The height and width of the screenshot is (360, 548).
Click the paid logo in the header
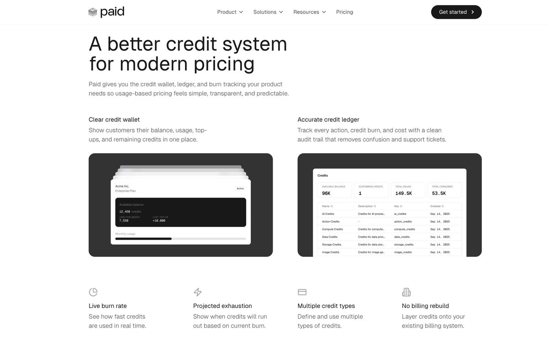coord(106,12)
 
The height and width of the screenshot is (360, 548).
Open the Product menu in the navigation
coord(230,12)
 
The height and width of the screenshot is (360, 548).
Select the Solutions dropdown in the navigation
coord(268,12)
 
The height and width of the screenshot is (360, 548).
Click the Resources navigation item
coord(309,12)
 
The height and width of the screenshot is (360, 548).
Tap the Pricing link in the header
coord(344,12)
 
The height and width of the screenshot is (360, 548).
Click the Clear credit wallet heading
coord(114,120)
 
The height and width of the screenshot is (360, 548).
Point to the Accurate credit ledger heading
coord(328,120)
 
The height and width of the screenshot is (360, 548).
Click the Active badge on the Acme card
coord(240,188)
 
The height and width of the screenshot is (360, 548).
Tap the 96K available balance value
coord(326,193)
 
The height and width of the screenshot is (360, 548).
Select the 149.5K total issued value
coord(404,193)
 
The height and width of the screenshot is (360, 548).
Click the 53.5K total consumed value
coord(439,193)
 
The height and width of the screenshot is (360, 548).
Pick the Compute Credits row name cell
coord(332,229)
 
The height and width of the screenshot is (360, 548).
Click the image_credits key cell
coord(403,252)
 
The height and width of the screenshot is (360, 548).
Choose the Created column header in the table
coord(436,206)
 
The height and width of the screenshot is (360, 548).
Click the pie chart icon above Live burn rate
coord(93,292)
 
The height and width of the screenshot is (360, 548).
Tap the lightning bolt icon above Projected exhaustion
coord(198,292)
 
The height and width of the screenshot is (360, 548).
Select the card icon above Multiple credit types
coord(302,292)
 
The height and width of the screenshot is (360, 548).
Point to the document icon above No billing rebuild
coord(406,292)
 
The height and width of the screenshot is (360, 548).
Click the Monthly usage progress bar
coord(180,239)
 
